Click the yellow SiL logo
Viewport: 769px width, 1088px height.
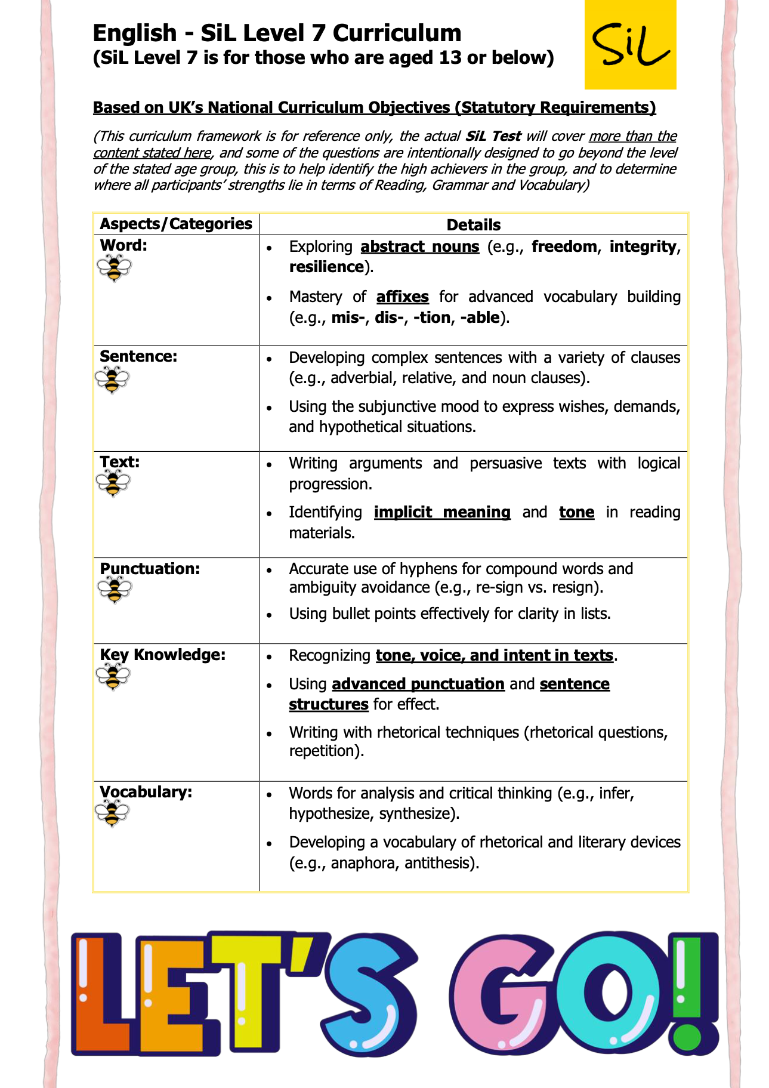pyautogui.click(x=630, y=45)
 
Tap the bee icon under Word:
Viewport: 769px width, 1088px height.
pyautogui.click(x=114, y=267)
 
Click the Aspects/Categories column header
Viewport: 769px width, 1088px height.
pyautogui.click(x=176, y=224)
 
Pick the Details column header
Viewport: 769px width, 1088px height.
pyautogui.click(x=473, y=225)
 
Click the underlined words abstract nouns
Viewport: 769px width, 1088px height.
pyautogui.click(x=419, y=246)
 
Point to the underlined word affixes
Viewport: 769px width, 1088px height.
pyautogui.click(x=402, y=297)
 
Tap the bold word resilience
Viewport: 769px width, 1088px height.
pyautogui.click(x=326, y=267)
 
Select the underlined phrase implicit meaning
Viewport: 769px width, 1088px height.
pyautogui.click(x=442, y=512)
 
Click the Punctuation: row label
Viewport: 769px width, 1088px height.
pyautogui.click(x=150, y=569)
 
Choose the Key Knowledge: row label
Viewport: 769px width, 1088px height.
pyautogui.click(x=162, y=655)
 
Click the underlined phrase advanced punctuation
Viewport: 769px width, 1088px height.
pyautogui.click(x=418, y=684)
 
